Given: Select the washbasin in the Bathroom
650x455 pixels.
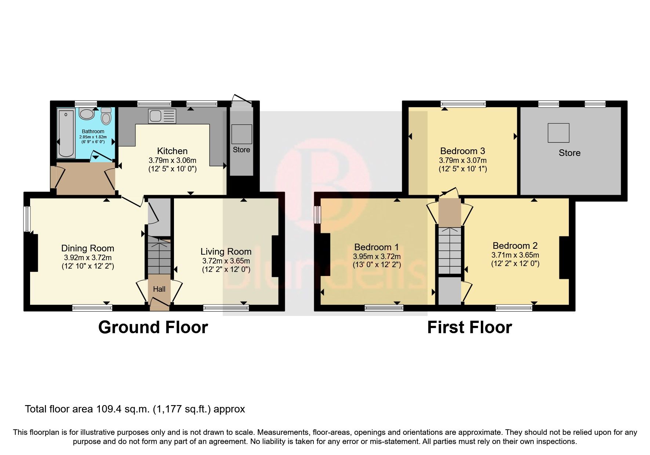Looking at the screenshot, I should coord(87,114).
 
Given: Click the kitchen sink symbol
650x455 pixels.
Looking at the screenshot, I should coord(162,116).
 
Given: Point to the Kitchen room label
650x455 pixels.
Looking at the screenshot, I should coord(172,151).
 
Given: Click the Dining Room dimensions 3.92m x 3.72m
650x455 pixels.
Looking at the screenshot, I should coord(87,258).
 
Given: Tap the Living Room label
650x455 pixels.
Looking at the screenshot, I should coord(226,251).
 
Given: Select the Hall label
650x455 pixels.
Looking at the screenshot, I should coord(159,289).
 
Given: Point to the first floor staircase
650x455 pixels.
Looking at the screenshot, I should coord(449,251).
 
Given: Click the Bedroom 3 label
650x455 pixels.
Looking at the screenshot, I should coord(462,151).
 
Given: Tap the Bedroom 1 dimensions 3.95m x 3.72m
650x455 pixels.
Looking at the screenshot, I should coord(377,256).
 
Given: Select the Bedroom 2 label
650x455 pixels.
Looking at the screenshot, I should coord(515,245).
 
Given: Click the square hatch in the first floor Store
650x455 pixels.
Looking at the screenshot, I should coord(558,133).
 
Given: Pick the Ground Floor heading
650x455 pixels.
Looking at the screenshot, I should coord(153,327).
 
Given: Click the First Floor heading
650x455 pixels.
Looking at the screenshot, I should coord(469,327).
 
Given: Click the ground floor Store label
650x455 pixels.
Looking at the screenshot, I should coord(241,150).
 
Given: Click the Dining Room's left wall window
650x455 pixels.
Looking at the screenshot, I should coord(27,219).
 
